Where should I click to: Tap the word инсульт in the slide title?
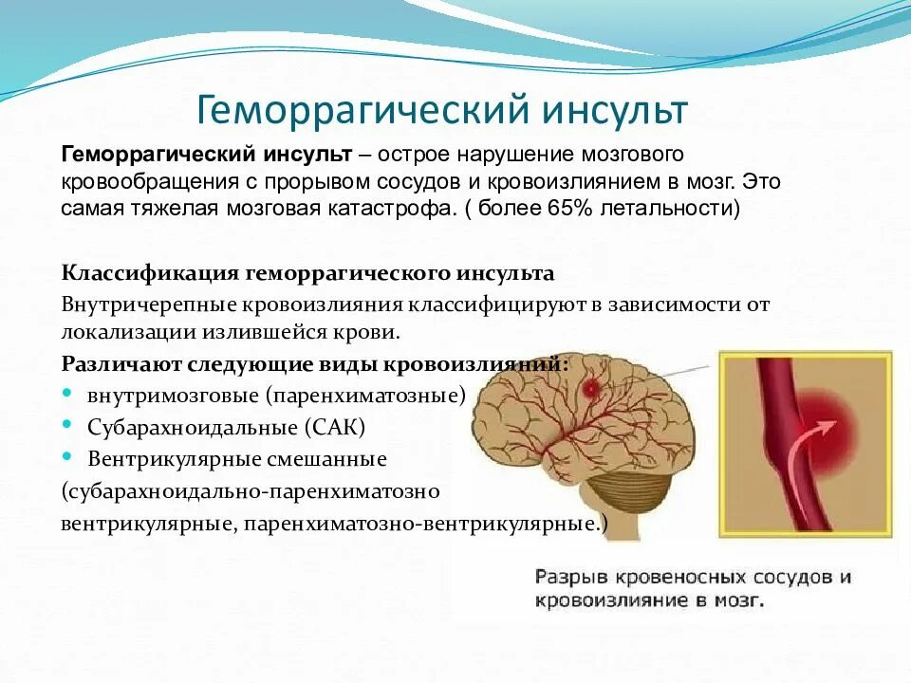point(614,109)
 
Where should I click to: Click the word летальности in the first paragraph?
point(664,208)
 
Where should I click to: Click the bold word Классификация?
point(151,273)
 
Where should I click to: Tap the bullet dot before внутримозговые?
point(67,393)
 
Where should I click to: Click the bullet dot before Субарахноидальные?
point(67,425)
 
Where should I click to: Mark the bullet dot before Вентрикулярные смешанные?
point(67,457)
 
